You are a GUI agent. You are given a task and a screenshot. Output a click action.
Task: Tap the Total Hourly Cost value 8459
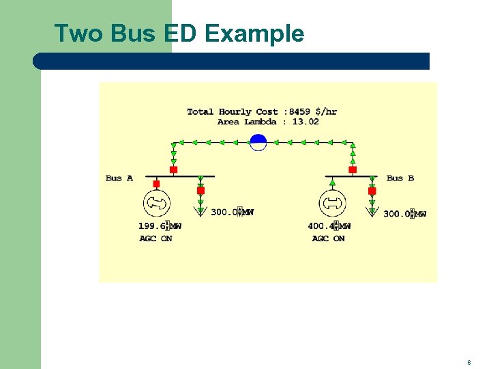pyautogui.click(x=301, y=111)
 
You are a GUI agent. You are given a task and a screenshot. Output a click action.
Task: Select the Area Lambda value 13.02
pyautogui.click(x=306, y=122)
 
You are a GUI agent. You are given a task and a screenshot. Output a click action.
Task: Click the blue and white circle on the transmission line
pyautogui.click(x=258, y=142)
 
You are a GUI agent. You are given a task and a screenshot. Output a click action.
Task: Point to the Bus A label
pyautogui.click(x=119, y=178)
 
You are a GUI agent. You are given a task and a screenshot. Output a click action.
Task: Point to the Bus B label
pyautogui.click(x=400, y=178)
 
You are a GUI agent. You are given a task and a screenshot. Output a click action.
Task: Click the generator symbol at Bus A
pyautogui.click(x=156, y=203)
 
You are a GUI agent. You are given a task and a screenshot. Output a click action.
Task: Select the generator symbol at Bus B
pyautogui.click(x=332, y=203)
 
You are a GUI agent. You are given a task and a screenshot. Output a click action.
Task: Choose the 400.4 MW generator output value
pyautogui.click(x=321, y=225)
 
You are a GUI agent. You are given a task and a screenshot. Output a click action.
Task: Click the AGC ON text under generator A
pyautogui.click(x=156, y=238)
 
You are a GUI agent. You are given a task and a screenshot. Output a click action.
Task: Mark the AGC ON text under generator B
pyautogui.click(x=329, y=238)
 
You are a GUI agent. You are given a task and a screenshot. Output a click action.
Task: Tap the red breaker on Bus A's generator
pyautogui.click(x=156, y=184)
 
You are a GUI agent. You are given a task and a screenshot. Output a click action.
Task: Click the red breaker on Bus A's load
pyautogui.click(x=200, y=191)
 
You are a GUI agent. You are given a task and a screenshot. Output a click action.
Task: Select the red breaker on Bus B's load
pyautogui.click(x=372, y=191)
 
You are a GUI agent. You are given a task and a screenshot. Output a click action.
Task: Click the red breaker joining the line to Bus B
pyautogui.click(x=353, y=169)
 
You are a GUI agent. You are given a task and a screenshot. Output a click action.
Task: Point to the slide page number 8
pyautogui.click(x=469, y=363)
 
